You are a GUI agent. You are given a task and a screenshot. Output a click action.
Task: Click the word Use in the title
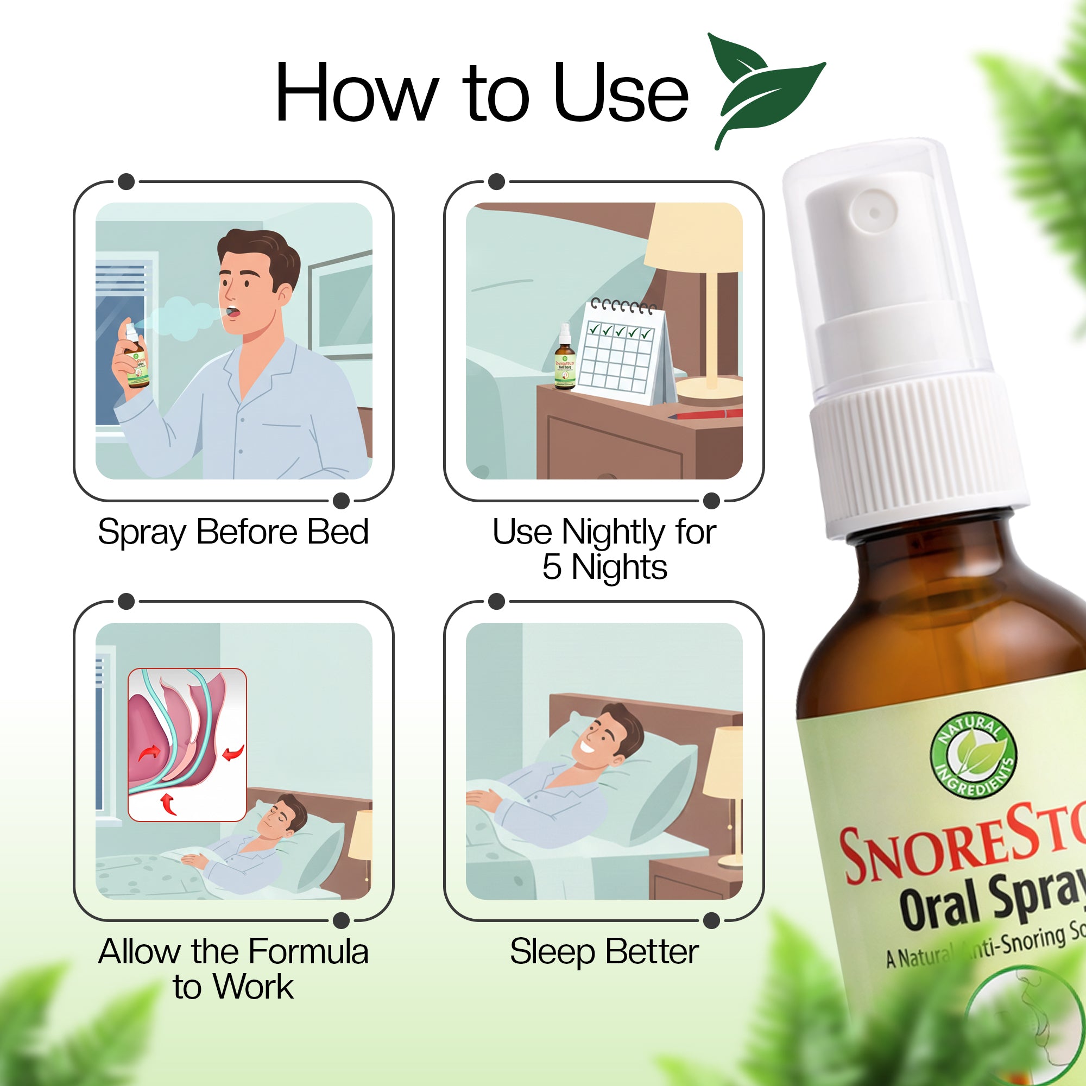(x=621, y=93)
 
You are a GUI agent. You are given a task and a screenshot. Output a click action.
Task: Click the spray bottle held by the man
(x=135, y=360)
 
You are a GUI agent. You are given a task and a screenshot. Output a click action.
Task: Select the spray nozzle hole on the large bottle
(x=875, y=212)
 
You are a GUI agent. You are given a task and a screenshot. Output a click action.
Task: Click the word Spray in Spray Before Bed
(x=142, y=532)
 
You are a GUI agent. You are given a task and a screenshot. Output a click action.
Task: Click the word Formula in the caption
(x=308, y=952)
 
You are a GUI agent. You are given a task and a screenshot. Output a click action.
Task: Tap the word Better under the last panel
(x=652, y=952)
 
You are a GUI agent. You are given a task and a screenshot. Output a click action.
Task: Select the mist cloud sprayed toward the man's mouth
(x=180, y=318)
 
